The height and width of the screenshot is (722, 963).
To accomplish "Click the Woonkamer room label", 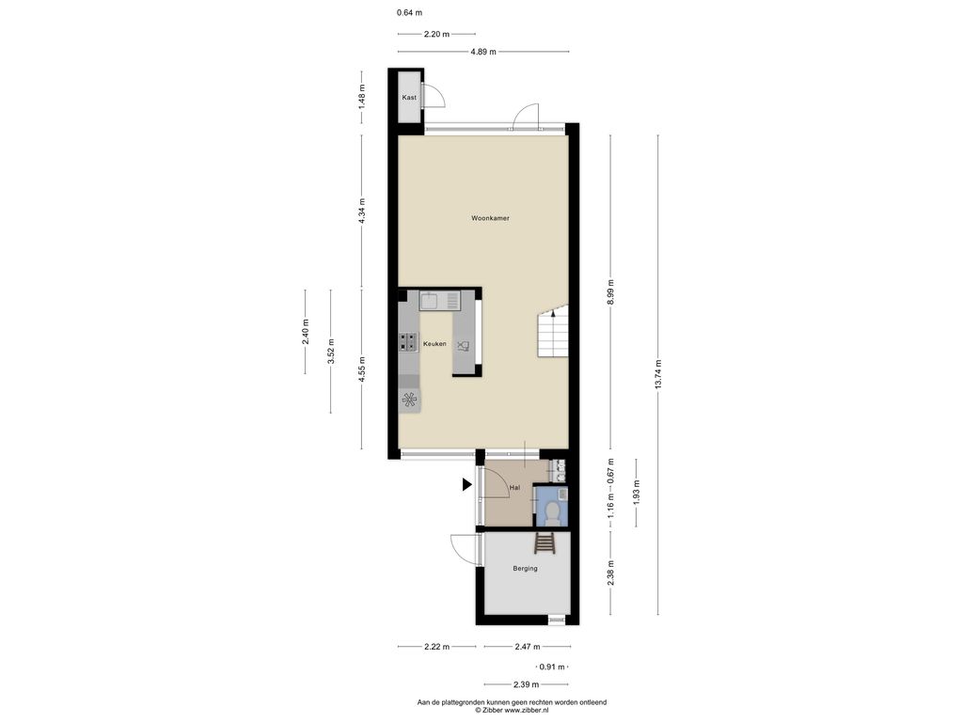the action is click(x=490, y=218).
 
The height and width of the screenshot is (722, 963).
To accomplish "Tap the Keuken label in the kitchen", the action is click(x=434, y=344).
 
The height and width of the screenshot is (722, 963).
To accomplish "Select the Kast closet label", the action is click(x=409, y=97).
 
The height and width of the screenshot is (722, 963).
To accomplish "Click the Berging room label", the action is click(x=525, y=569).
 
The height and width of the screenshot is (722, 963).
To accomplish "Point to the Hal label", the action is click(x=514, y=488).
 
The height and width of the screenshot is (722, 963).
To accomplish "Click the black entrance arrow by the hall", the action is click(x=466, y=485).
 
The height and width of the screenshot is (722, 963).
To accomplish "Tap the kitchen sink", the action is click(x=439, y=301).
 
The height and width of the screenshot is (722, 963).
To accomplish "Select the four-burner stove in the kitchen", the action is click(x=408, y=342).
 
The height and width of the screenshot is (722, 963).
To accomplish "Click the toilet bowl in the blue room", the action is click(x=552, y=512).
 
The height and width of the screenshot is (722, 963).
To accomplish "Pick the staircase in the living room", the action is click(x=553, y=332).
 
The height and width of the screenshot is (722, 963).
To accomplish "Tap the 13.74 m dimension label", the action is click(x=658, y=374).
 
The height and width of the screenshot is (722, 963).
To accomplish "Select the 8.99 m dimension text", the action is click(x=610, y=291).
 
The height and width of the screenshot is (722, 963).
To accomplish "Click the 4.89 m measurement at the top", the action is click(x=483, y=52).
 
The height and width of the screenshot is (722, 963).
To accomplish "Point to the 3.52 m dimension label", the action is click(x=330, y=352).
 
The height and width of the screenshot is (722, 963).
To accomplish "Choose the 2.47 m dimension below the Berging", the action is click(x=528, y=647).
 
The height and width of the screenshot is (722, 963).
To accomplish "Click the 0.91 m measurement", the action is click(x=551, y=667).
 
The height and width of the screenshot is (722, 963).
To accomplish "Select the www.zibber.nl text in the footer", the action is click(x=527, y=711).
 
